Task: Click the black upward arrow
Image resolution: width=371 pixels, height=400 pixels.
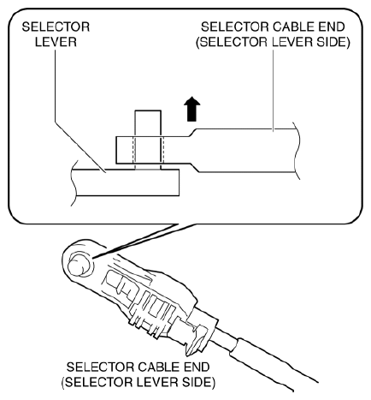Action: click(191, 109)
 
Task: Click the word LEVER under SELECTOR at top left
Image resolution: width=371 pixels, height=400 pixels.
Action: click(56, 42)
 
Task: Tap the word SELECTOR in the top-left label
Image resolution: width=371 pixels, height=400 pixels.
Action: click(56, 27)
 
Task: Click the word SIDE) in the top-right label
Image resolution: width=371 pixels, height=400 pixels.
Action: click(333, 42)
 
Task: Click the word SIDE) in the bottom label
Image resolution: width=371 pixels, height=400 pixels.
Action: click(198, 382)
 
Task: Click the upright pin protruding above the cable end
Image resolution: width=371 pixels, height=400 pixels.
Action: click(148, 123)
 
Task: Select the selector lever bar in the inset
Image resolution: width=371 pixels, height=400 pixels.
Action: click(126, 182)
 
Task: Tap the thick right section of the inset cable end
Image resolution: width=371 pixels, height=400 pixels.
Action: click(246, 151)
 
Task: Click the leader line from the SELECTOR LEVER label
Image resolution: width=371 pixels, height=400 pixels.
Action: click(79, 110)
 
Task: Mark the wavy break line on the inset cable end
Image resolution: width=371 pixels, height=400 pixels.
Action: click(297, 151)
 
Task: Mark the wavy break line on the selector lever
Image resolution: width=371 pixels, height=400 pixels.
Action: click(74, 182)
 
